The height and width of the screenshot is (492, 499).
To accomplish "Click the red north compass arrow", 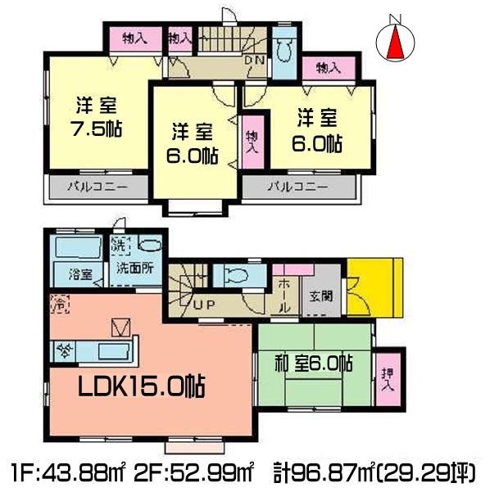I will (396, 43).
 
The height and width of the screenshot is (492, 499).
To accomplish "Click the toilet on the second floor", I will (284, 52).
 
